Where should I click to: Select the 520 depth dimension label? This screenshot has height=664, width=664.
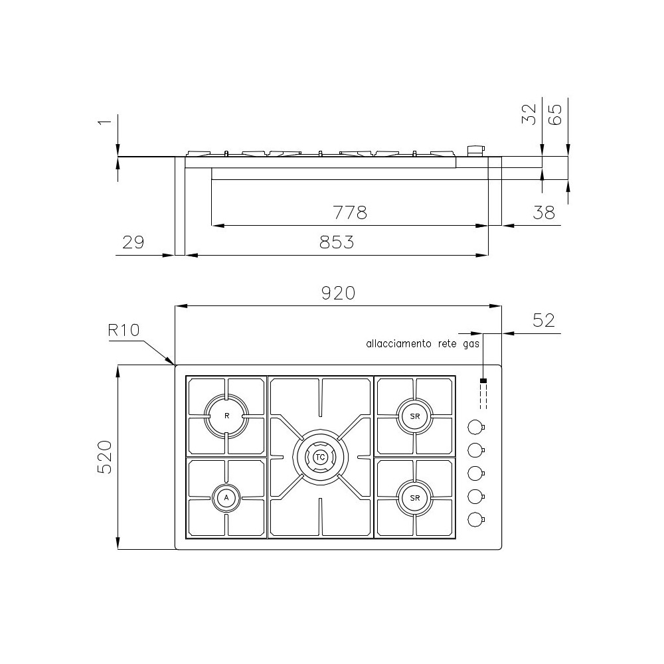[x=106, y=457]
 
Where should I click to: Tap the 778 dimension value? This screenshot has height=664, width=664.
[x=349, y=213]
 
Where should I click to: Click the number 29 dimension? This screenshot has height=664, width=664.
[x=133, y=242]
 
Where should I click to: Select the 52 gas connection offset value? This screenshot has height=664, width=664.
[x=543, y=320]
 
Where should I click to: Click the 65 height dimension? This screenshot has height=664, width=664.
[x=555, y=114]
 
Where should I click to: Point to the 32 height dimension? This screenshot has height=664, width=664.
[x=529, y=114]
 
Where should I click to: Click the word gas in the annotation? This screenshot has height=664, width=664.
[x=470, y=344]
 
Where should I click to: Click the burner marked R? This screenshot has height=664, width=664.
[x=227, y=416]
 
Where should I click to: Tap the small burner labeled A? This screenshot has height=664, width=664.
[x=226, y=497]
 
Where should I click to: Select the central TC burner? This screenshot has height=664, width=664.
[x=320, y=457]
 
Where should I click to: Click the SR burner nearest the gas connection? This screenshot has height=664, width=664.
[x=415, y=416]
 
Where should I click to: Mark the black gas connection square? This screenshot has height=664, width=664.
[x=483, y=381]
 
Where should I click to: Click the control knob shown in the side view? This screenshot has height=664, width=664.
[x=475, y=151]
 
